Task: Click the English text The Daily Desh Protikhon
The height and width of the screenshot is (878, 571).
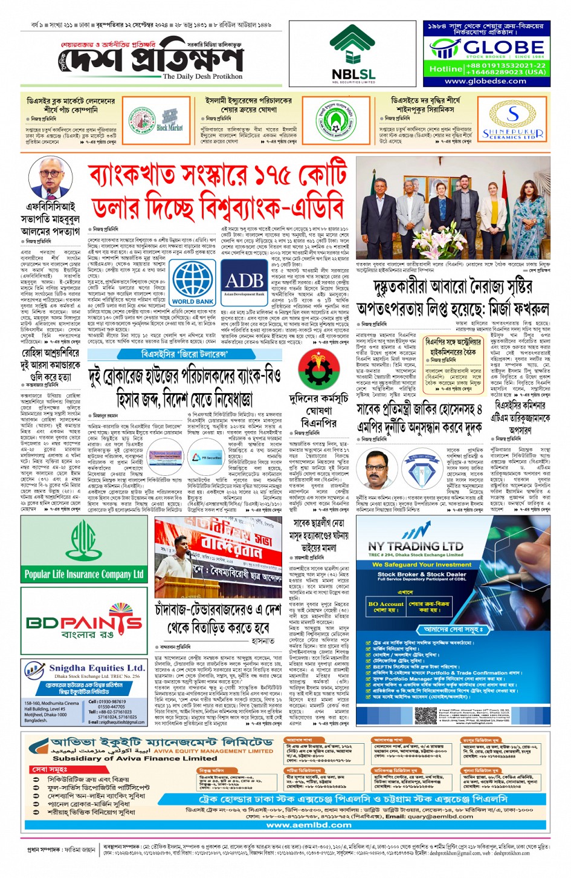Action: [x=202, y=77]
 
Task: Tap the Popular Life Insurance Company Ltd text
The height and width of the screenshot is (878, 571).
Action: [x=84, y=574]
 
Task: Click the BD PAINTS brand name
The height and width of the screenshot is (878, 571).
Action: [x=84, y=622]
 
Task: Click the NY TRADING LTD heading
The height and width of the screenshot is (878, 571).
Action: [x=415, y=546]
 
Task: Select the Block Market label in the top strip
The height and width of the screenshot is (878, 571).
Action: [x=170, y=128]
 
